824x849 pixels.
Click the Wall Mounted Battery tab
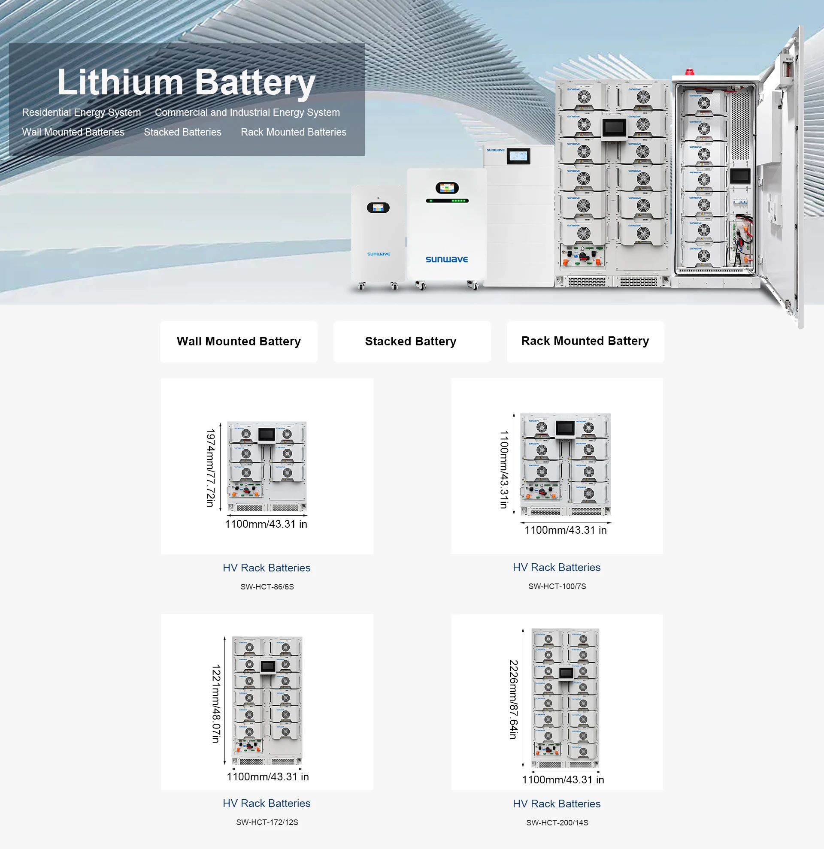(x=239, y=341)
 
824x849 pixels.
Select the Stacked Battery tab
(x=411, y=341)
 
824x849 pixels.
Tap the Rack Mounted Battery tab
(x=585, y=341)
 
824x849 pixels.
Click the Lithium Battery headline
(x=186, y=82)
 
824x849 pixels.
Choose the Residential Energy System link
(x=82, y=113)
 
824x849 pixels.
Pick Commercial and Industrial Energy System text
(x=247, y=113)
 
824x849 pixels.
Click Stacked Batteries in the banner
(x=182, y=132)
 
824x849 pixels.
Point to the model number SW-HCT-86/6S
(x=267, y=586)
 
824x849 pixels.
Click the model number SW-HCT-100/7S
(x=557, y=586)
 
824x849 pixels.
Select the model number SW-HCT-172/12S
(x=267, y=822)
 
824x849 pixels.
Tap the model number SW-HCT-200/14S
(x=557, y=822)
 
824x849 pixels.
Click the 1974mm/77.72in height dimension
(x=211, y=468)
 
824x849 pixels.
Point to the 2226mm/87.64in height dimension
(x=513, y=700)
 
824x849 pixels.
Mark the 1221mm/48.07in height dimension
(x=216, y=704)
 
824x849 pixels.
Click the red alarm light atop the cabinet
(x=689, y=72)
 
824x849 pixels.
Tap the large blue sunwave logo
(x=447, y=259)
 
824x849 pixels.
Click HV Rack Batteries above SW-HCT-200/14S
(x=557, y=804)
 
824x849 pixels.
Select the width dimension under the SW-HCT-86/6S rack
(x=266, y=524)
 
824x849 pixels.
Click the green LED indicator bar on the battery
(x=447, y=201)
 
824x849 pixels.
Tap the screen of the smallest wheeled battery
(x=378, y=208)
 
